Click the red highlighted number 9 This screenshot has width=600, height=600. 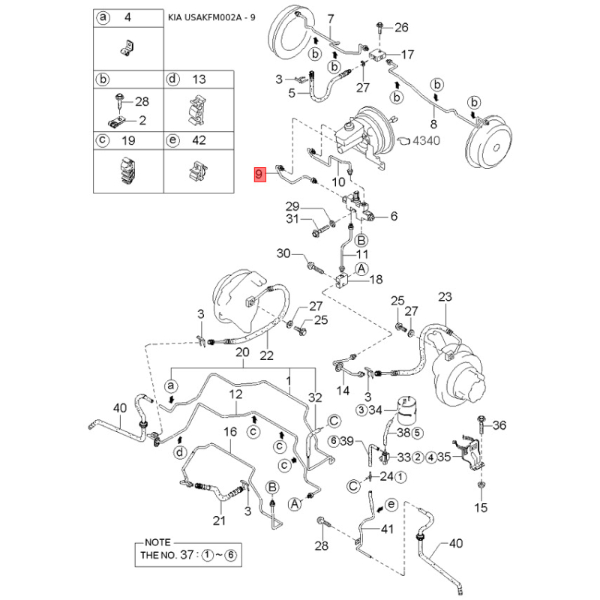coord(259,175)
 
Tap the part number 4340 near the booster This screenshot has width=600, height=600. coord(426,140)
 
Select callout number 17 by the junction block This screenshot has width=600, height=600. coord(407,54)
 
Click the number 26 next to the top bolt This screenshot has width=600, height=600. coord(401,27)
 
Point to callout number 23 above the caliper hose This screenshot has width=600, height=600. coord(445,296)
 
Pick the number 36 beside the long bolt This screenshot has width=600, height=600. coord(499,424)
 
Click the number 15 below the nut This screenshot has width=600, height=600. coord(481,508)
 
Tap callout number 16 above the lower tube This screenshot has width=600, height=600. coord(230,432)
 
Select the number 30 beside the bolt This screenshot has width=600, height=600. coord(283,253)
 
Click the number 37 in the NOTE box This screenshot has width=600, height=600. coord(187,554)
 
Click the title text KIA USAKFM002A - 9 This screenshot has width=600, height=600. coord(211,17)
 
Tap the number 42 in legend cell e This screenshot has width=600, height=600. coord(199,140)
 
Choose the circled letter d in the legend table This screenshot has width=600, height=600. coord(173,79)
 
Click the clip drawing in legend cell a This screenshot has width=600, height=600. coord(127,49)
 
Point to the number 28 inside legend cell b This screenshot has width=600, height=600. coord(142,101)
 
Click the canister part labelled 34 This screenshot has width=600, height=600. coord(406,408)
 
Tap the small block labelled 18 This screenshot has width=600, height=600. coord(341,281)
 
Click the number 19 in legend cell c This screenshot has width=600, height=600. coord(128,140)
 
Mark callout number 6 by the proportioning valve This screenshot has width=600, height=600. coord(394,216)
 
